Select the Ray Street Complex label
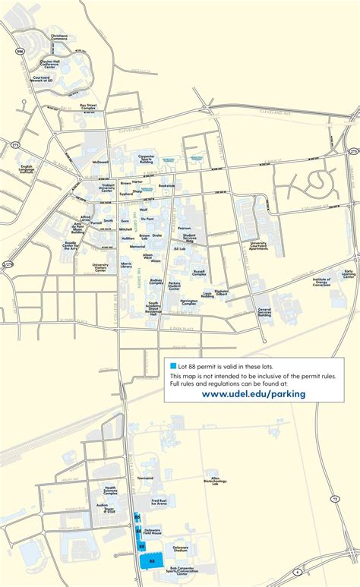tap(90, 107)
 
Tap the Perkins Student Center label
tap(175, 286)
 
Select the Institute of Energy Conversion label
tap(321, 282)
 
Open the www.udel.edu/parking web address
tap(254, 393)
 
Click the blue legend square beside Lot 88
tap(173, 366)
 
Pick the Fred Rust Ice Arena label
tap(159, 502)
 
